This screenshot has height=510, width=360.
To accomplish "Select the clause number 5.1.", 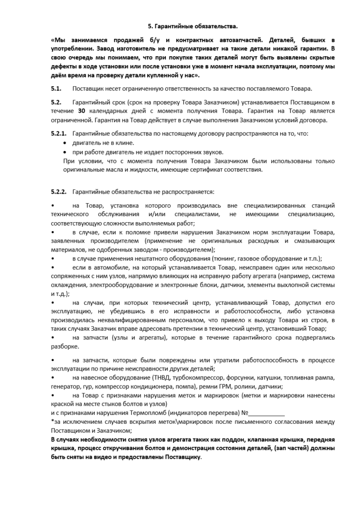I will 55,89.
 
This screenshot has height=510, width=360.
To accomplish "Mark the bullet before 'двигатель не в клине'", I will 66,143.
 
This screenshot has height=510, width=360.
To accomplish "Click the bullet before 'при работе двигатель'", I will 66,152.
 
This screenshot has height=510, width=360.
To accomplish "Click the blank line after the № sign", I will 266,413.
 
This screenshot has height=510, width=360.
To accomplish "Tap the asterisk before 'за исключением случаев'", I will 53,422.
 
